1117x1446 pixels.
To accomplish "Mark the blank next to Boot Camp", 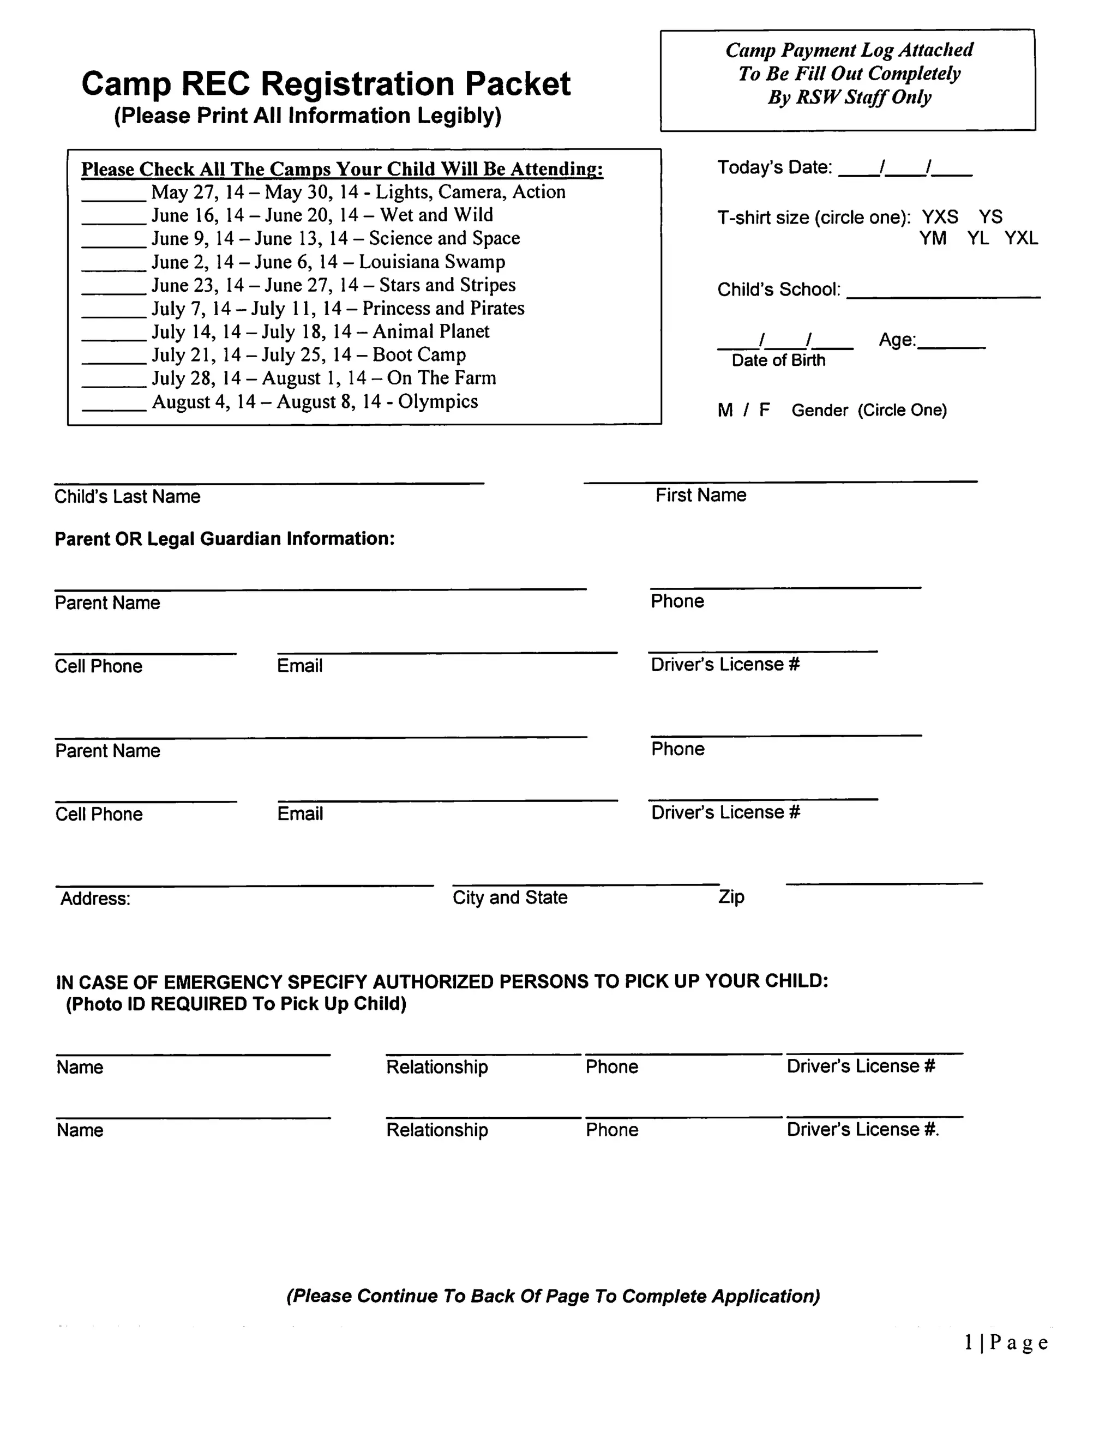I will point(113,360).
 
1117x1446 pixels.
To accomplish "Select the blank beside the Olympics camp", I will point(113,407).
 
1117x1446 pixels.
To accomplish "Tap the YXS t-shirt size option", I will point(940,217).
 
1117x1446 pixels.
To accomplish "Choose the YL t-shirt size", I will point(977,238).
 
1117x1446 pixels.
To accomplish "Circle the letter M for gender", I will point(724,411).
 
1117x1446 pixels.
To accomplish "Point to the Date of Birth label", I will point(778,361).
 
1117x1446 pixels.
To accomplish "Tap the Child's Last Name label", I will point(127,497).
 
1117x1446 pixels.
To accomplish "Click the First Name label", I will point(700,495).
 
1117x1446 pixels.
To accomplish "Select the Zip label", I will point(731,897).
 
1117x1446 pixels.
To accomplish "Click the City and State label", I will point(510,898).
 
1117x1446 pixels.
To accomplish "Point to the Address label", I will point(95,899).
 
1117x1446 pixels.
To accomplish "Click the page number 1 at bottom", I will point(969,1343).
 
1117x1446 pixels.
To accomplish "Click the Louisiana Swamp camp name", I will point(432,262).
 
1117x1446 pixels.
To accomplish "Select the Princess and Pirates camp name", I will point(443,309).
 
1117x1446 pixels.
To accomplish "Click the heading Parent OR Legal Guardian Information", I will point(225,539).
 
